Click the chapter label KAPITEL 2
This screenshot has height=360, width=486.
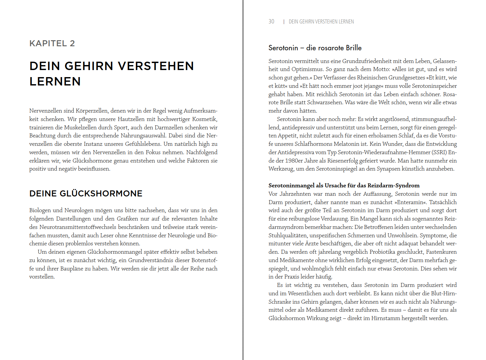(x=52, y=44)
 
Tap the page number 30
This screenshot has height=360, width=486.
(x=271, y=21)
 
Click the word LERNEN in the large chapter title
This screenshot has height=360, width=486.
(x=55, y=81)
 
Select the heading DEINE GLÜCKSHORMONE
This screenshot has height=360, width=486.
(x=86, y=193)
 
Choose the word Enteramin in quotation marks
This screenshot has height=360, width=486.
(x=411, y=202)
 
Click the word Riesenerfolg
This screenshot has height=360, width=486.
(x=341, y=161)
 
